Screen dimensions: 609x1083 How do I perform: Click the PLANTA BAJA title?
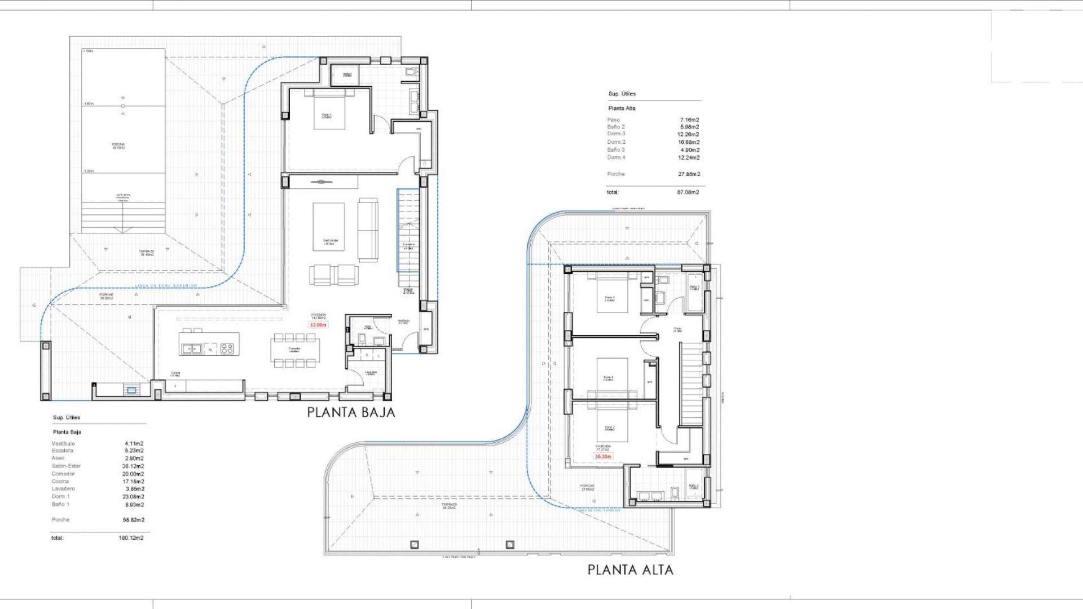click(x=351, y=412)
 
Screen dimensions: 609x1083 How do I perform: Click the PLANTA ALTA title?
click(x=630, y=570)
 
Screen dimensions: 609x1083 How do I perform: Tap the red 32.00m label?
click(x=318, y=325)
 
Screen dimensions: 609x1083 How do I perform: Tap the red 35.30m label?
click(x=603, y=456)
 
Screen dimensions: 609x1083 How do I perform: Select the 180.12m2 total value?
click(x=131, y=538)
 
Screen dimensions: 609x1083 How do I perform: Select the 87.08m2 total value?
click(x=688, y=192)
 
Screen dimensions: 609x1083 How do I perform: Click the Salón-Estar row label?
click(x=66, y=466)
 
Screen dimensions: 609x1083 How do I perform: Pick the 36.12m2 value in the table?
click(x=134, y=466)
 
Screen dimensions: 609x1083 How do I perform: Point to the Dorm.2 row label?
click(x=616, y=142)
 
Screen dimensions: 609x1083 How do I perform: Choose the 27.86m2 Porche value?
click(x=689, y=174)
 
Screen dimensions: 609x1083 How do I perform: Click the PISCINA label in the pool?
click(x=118, y=145)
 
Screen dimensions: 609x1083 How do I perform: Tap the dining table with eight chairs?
click(x=294, y=350)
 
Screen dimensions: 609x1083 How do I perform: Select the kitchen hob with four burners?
click(x=227, y=349)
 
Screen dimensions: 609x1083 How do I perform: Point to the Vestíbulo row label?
click(x=63, y=443)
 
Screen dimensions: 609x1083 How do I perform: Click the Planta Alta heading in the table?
click(x=622, y=108)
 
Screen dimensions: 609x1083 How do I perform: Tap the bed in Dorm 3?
click(x=612, y=293)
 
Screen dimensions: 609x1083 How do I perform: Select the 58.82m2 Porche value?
click(x=133, y=520)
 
